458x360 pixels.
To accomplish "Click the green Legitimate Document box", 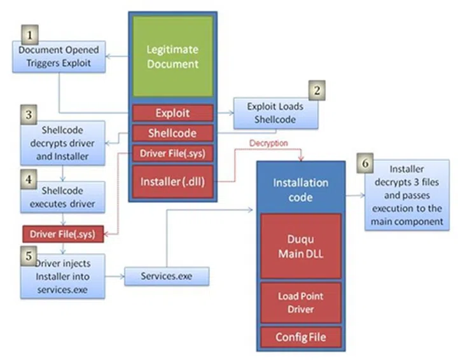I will [172, 57].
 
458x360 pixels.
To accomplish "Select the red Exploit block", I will [172, 113].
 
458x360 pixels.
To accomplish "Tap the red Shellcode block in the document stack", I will [172, 134].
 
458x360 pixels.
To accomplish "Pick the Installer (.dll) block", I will [172, 180].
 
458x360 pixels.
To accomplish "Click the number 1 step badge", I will [29, 33].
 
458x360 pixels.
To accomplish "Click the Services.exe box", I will [166, 277].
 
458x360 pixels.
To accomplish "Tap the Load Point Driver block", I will [301, 302].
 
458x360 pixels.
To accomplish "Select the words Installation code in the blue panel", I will [301, 189].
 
